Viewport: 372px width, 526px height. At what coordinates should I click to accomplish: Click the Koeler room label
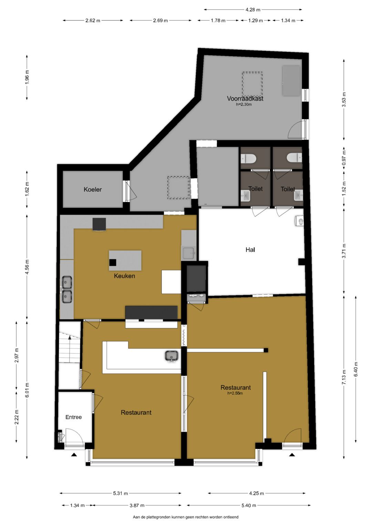tap(93, 189)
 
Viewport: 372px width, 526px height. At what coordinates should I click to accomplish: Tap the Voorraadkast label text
tap(245, 99)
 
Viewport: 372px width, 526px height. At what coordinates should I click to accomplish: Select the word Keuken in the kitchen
tap(124, 276)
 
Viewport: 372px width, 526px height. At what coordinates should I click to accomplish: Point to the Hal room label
tap(250, 250)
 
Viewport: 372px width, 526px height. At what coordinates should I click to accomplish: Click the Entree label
tap(73, 417)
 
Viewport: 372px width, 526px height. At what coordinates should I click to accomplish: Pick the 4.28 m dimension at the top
tap(253, 10)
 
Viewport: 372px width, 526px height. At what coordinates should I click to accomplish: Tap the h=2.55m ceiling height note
tap(235, 393)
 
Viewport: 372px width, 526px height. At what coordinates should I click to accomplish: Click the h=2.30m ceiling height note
tap(244, 104)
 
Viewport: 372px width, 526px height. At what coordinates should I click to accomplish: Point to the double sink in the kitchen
tap(67, 289)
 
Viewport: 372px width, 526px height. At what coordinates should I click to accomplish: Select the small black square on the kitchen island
tap(113, 262)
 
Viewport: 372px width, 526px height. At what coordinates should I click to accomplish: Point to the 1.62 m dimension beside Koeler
tap(27, 189)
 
